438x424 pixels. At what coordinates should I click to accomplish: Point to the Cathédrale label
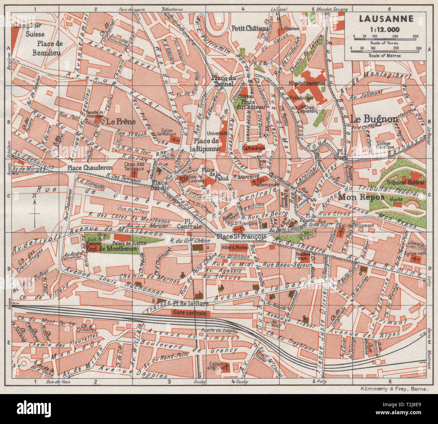[x=254, y=148]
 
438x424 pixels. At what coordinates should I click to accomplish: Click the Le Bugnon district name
[x=374, y=119]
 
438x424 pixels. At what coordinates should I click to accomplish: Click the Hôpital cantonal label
[x=307, y=83]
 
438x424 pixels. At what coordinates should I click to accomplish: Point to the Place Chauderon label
[x=90, y=167]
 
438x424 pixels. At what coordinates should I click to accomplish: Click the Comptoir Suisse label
[x=29, y=30]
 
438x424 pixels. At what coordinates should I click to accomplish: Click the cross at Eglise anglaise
[x=227, y=366]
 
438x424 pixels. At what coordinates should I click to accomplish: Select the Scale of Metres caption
[x=384, y=55]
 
